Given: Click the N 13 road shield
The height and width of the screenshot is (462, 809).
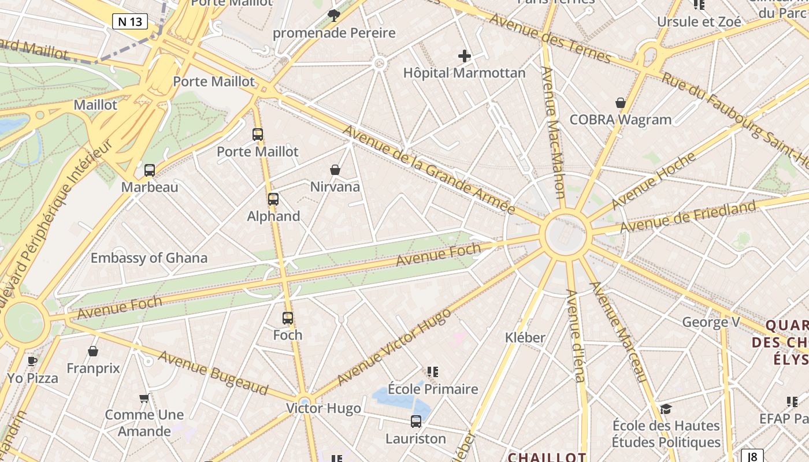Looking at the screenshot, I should pos(130,22).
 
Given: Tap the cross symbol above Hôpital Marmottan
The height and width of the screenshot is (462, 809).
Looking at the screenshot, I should pos(465,56).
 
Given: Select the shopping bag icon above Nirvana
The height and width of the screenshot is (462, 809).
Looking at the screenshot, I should pos(335,170).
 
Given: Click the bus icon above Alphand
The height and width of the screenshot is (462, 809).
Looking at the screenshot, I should pos(273,199).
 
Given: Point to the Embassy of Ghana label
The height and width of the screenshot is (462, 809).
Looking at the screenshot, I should pos(149,258).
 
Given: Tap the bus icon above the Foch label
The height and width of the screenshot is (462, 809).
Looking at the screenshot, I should pos(288,318).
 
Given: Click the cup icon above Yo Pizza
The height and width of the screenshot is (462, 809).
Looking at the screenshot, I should pos(32,362).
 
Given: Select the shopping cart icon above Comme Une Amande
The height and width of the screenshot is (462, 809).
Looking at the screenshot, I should pos(144,398).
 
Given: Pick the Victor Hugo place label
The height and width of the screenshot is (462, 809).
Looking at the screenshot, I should pos(324,409).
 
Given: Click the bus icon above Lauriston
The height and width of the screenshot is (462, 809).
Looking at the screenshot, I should pos(416,422).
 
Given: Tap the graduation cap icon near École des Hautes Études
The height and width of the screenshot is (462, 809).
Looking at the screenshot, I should pos(666,409).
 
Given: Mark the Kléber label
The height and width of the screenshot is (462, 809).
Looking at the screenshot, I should pos(525,338).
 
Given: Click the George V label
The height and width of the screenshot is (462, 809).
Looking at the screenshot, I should pos(711,322).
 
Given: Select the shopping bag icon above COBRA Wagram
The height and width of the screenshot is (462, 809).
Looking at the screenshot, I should pos(621,103).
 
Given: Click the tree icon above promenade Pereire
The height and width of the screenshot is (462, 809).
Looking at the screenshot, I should pos(334,16).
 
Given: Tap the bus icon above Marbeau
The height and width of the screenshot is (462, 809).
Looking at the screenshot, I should pos(150,170).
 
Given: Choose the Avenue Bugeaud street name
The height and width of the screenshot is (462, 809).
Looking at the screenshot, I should pos(213,373).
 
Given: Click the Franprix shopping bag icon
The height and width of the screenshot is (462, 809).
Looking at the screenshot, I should pos(93,351).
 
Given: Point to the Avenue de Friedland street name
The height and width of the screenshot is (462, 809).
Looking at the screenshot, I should pos(688,217).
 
